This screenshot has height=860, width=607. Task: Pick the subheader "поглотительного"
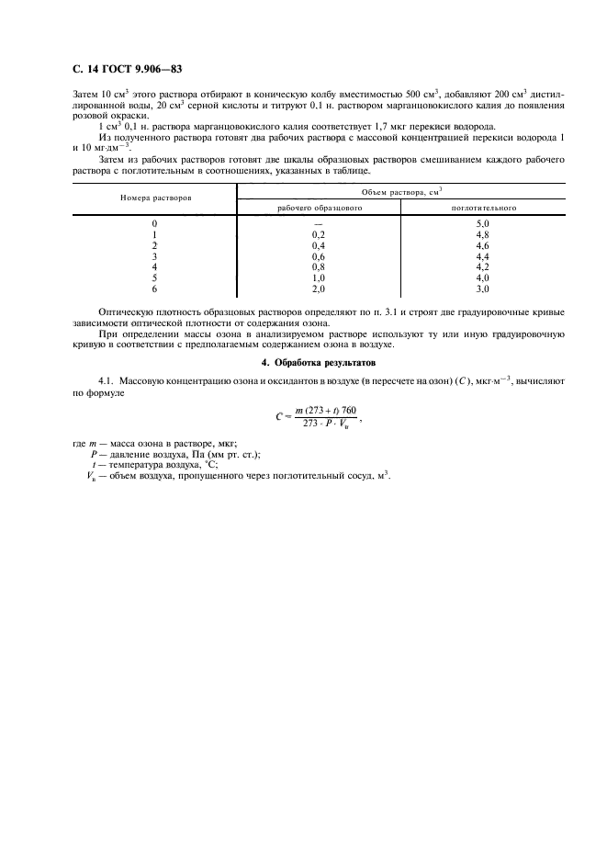(483, 208)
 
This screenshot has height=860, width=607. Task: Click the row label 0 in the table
(154, 224)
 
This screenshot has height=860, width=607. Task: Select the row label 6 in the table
(154, 289)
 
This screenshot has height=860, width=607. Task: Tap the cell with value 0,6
(319, 257)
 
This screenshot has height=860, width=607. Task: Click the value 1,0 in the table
(319, 278)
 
